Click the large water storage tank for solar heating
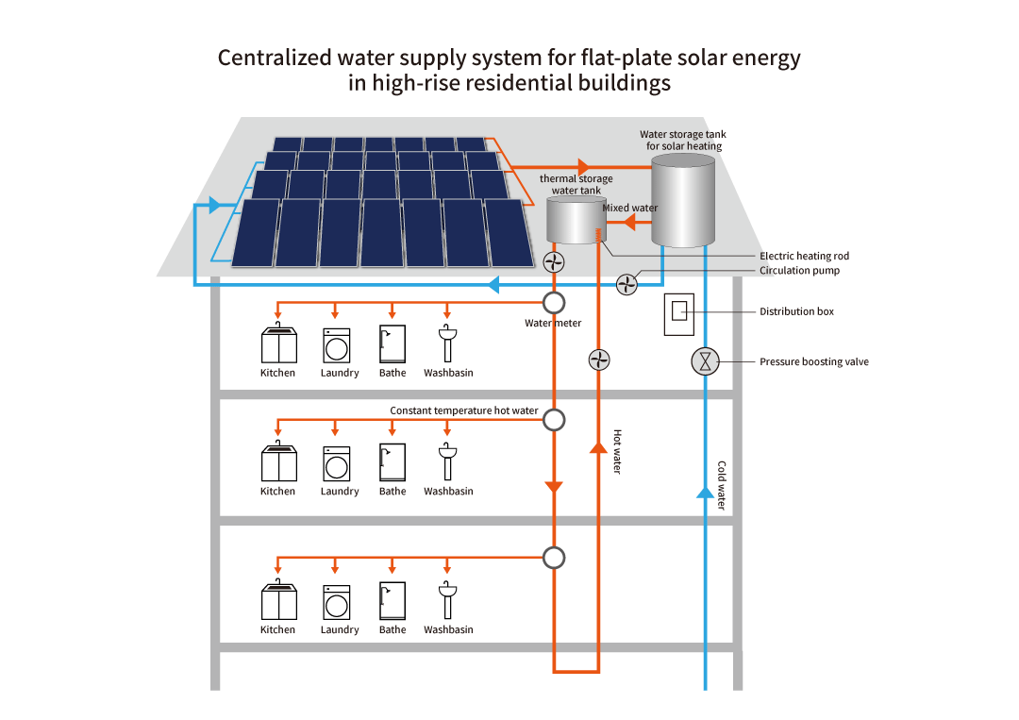pyautogui.click(x=683, y=201)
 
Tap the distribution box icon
pyautogui.click(x=679, y=314)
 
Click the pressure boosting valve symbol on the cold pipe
pyautogui.click(x=705, y=361)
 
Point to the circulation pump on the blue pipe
pyautogui.click(x=627, y=283)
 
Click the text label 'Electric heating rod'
pyautogui.click(x=804, y=256)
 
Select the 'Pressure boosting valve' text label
pyautogui.click(x=813, y=361)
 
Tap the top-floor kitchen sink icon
pyautogui.click(x=278, y=344)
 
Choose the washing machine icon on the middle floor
pyautogui.click(x=336, y=463)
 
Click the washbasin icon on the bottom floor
pyautogui.click(x=448, y=601)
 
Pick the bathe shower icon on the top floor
pyautogui.click(x=393, y=344)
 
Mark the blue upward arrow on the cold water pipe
pyautogui.click(x=705, y=492)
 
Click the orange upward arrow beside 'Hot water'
pyautogui.click(x=598, y=446)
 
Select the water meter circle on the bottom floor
pyautogui.click(x=554, y=558)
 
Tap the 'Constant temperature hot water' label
pyautogui.click(x=464, y=410)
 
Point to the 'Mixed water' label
pyautogui.click(x=630, y=208)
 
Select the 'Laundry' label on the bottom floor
pyautogui.click(x=340, y=629)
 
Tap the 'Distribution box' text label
pyautogui.click(x=796, y=311)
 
